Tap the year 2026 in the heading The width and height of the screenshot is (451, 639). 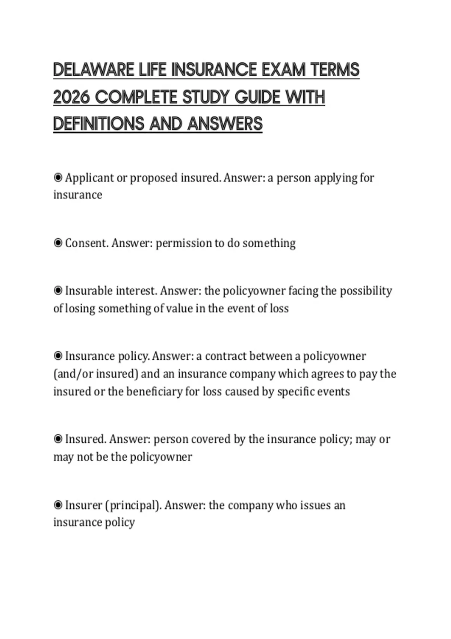(x=71, y=97)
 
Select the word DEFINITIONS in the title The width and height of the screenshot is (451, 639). (x=99, y=124)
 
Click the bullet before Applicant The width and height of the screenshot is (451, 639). (x=58, y=177)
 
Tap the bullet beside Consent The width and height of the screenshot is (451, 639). (x=58, y=243)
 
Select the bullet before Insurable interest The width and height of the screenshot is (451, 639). (x=58, y=291)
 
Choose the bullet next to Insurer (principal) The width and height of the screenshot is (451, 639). (x=58, y=505)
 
